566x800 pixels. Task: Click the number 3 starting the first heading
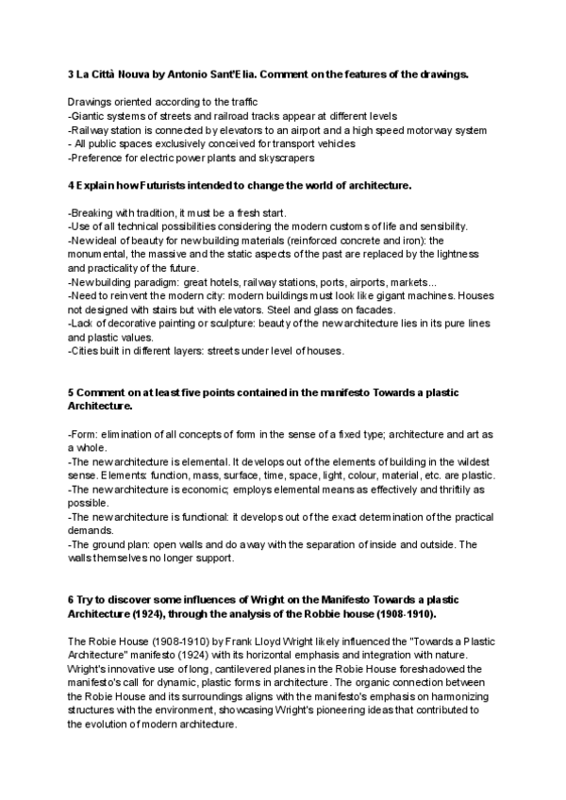coord(71,74)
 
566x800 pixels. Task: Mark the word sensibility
coord(433,226)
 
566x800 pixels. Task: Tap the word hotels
coord(245,281)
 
